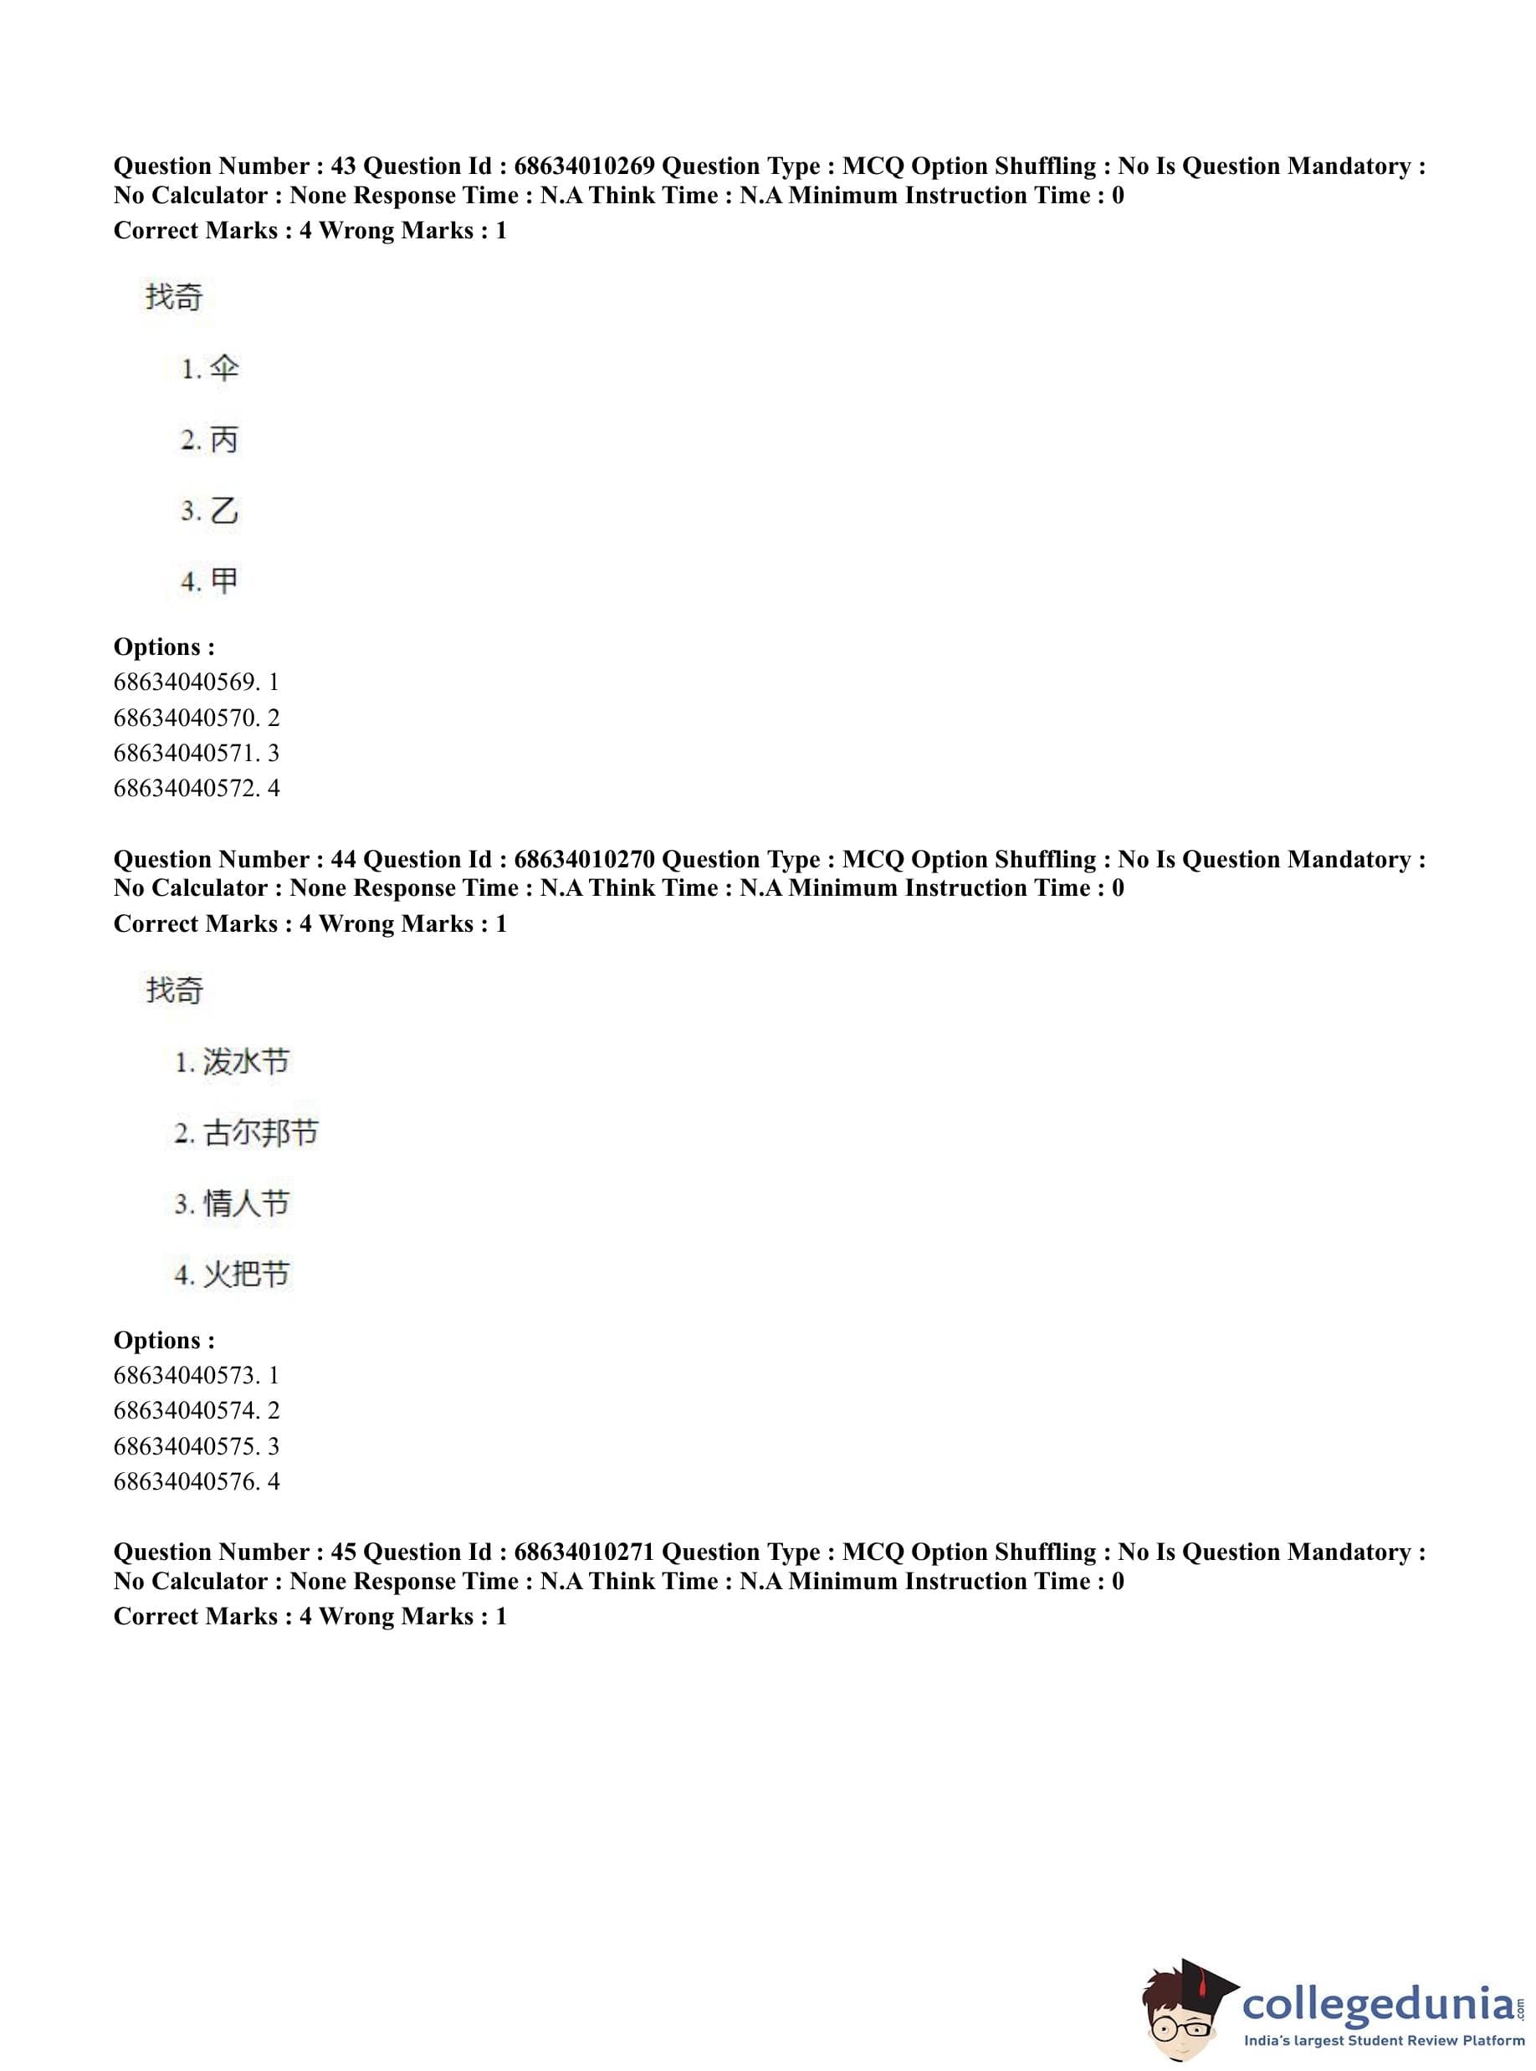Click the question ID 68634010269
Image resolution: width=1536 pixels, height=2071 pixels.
[583, 166]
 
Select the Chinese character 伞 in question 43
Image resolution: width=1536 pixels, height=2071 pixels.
[224, 368]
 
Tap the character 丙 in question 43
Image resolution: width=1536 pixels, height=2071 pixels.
[224, 440]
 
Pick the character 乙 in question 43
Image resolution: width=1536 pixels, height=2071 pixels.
[224, 510]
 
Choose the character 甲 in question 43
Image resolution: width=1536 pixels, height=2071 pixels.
[224, 581]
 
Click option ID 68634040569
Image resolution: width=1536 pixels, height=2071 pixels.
[187, 683]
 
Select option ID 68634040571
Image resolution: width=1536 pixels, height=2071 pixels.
[187, 753]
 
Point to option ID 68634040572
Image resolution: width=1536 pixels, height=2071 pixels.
[187, 788]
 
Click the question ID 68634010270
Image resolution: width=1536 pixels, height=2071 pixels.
[583, 859]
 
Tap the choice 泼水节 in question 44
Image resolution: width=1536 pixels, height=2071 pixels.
[247, 1061]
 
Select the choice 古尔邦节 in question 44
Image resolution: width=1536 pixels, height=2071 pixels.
[260, 1133]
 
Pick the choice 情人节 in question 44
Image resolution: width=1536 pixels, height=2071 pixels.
[247, 1203]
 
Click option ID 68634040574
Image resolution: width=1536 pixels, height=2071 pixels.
[187, 1410]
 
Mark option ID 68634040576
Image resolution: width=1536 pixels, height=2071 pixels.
[187, 1480]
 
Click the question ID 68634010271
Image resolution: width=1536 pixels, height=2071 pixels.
[583, 1552]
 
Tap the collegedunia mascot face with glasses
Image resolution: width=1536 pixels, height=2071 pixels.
[1184, 2015]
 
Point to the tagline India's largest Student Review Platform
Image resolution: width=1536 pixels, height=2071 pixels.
[1384, 2040]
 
